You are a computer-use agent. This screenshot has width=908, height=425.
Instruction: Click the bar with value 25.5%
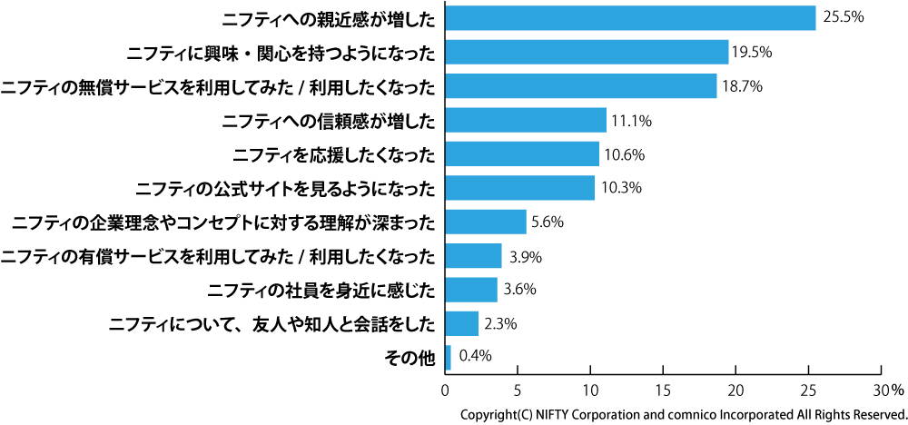630,17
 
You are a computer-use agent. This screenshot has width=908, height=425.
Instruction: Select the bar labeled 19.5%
587,52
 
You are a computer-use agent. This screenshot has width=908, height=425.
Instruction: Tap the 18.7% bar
581,86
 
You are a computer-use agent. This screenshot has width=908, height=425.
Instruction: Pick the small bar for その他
448,358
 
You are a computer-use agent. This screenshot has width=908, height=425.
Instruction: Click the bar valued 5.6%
486,222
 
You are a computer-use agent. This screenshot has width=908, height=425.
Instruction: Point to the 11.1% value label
632,120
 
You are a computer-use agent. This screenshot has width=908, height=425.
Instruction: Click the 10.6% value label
625,154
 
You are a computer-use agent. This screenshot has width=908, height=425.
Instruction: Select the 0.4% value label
476,356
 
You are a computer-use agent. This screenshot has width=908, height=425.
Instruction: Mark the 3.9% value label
526,256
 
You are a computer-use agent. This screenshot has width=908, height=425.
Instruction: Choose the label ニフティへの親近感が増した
328,18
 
